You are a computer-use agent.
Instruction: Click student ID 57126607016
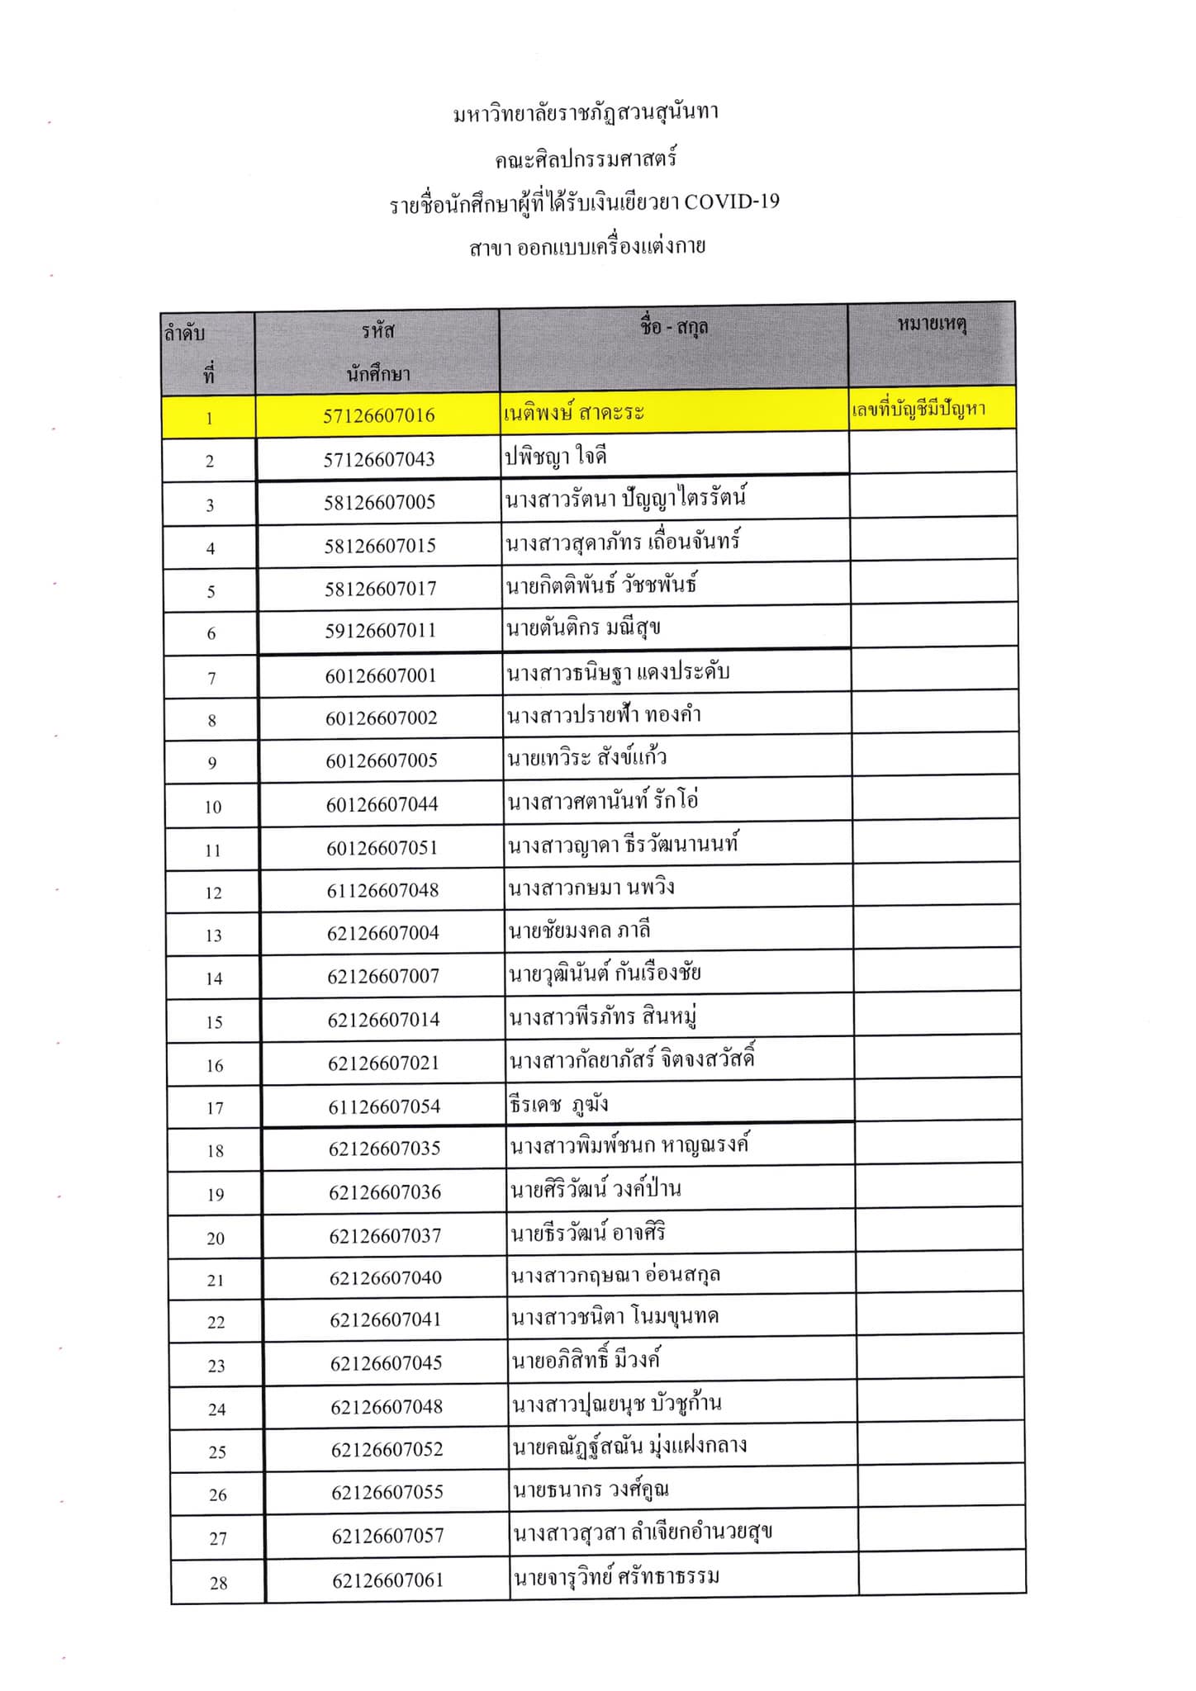click(378, 415)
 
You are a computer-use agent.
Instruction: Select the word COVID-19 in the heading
click(732, 202)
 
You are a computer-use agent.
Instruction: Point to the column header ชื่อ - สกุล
click(673, 328)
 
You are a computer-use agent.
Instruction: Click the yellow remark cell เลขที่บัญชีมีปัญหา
click(918, 410)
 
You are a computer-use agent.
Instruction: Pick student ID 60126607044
click(382, 804)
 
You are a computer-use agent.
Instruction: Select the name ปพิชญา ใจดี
click(556, 456)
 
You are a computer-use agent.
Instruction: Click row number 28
click(218, 1583)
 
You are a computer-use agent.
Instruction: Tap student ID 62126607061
click(387, 1580)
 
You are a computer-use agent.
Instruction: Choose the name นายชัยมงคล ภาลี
click(580, 931)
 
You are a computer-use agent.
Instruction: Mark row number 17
click(215, 1108)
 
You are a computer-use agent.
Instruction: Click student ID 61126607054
click(384, 1106)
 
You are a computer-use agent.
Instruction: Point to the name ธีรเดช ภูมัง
click(559, 1104)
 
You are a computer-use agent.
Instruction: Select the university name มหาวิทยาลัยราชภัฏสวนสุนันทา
click(586, 112)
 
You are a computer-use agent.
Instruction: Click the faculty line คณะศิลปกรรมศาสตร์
click(586, 159)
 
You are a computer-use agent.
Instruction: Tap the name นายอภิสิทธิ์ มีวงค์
click(586, 1360)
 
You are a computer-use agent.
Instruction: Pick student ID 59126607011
click(379, 631)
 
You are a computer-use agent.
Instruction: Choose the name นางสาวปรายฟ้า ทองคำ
click(605, 715)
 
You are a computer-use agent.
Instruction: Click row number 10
click(213, 807)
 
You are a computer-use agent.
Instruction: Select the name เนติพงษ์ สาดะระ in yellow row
click(573, 412)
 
